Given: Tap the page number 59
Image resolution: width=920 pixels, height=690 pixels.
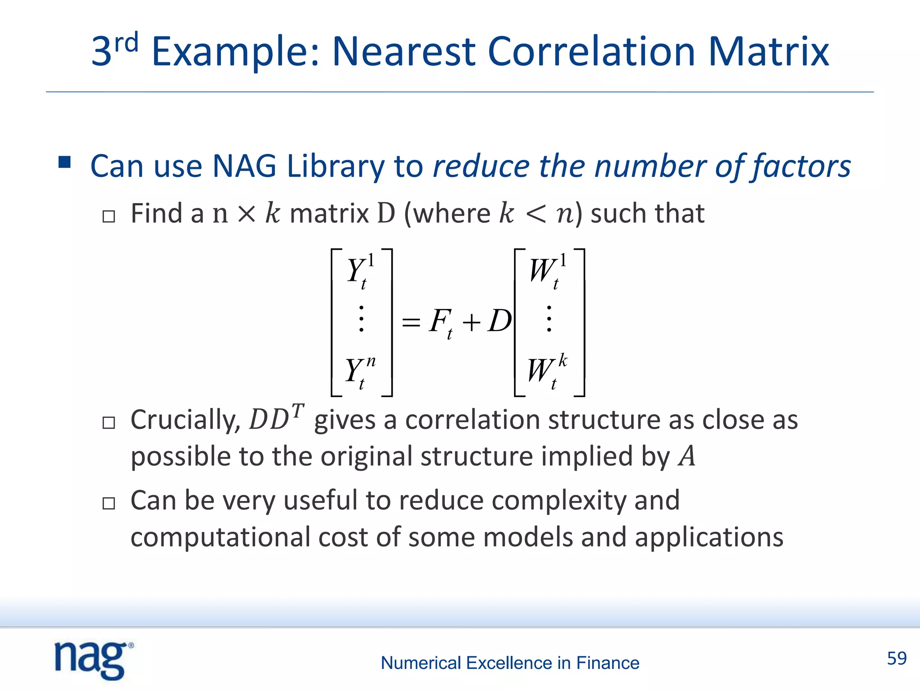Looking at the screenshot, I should (897, 659).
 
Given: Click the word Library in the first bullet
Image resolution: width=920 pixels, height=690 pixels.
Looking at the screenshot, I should (335, 166).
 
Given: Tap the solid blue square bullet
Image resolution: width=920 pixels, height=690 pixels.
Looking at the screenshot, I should (65, 162).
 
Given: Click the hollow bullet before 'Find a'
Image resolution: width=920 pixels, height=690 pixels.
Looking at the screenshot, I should (109, 217).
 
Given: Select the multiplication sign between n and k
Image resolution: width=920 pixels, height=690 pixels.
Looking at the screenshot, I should (247, 214).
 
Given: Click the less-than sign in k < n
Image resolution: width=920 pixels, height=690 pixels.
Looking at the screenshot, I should (535, 214).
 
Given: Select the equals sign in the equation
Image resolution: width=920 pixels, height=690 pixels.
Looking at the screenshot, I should (411, 322).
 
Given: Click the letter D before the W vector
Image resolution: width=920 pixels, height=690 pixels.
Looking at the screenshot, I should (500, 321).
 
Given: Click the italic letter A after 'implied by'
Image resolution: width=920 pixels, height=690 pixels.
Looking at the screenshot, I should (687, 456).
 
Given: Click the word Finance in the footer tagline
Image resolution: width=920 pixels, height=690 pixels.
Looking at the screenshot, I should (607, 663).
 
